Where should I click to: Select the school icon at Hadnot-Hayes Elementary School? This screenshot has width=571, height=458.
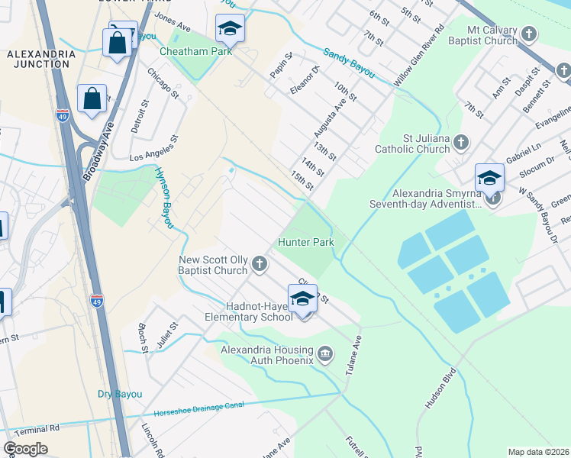tap(302, 298)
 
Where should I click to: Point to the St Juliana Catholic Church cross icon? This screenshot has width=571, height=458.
tap(460, 142)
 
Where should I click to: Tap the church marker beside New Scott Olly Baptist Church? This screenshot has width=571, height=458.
tap(260, 265)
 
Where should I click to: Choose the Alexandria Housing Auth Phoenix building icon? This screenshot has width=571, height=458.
tap(326, 353)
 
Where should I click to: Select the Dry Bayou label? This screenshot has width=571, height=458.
tap(120, 394)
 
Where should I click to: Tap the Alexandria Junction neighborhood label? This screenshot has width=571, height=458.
tap(41, 60)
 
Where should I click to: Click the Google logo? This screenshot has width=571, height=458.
tap(25, 448)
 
